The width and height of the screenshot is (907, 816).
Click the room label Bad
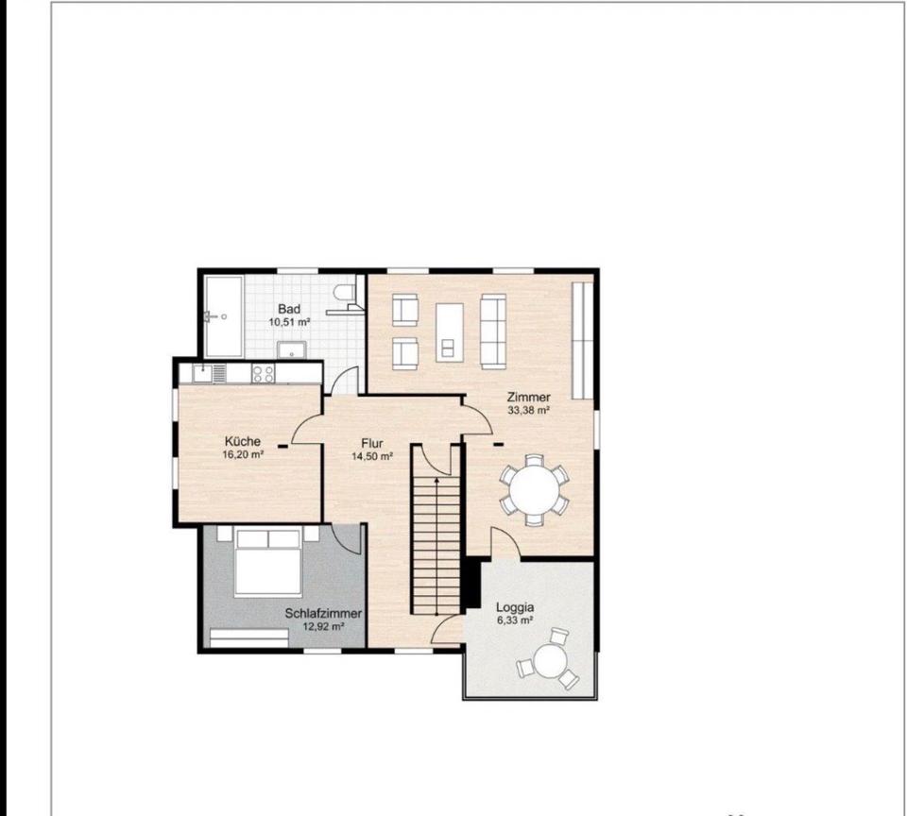click(x=289, y=309)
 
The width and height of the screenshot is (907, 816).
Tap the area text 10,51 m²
click(x=289, y=322)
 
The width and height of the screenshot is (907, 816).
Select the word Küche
click(x=243, y=441)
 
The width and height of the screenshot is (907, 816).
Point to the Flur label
click(x=372, y=444)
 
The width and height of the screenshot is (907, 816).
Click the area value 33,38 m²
click(x=528, y=411)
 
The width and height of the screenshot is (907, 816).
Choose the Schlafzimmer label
click(x=323, y=614)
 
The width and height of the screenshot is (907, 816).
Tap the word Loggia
click(x=515, y=608)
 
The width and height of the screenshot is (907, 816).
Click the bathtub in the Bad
click(x=223, y=316)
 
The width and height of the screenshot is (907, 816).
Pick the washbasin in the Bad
click(x=292, y=350)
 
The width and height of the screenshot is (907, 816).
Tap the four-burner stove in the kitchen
click(x=264, y=374)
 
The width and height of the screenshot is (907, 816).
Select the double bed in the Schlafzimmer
click(x=267, y=562)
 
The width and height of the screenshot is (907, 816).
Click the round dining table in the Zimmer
click(x=535, y=490)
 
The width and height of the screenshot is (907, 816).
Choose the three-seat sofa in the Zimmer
click(x=493, y=331)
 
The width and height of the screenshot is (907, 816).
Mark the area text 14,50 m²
click(x=372, y=456)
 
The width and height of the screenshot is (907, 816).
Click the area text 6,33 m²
click(x=515, y=620)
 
